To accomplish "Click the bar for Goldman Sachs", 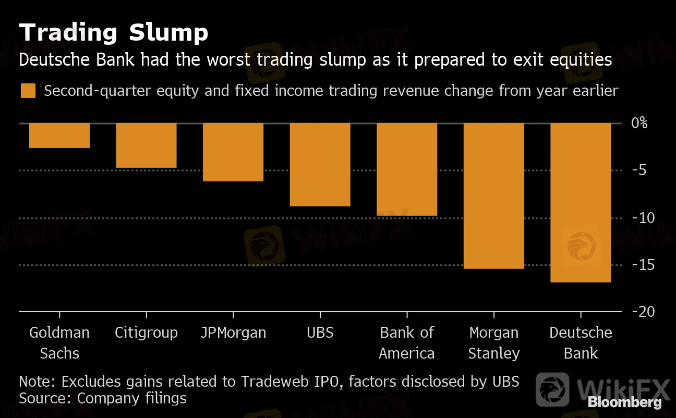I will (59, 136).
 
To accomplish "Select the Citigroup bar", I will (146, 145).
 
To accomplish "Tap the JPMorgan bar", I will (233, 152).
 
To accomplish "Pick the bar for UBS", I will (320, 165).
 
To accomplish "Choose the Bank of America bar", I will (407, 169).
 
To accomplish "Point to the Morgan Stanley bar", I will (493, 196).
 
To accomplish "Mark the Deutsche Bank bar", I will (581, 203).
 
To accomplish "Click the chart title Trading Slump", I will (114, 33).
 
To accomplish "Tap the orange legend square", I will (28, 91).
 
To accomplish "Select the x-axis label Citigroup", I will (146, 333).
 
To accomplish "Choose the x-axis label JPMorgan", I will (233, 333).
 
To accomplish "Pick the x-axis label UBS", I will (320, 333).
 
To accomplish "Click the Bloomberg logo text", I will (625, 402).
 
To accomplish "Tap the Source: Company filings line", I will (103, 399).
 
